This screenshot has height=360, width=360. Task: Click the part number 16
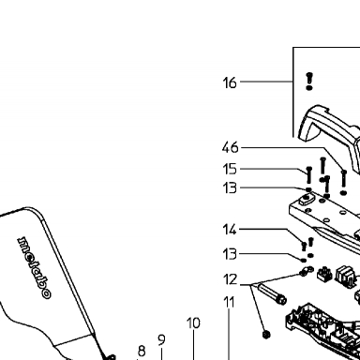click(230, 82)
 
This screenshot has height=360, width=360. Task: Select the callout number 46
click(230, 147)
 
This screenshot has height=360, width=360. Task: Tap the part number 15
click(230, 169)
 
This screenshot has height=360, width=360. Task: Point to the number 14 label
click(230, 230)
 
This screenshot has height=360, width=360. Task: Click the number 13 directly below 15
click(230, 188)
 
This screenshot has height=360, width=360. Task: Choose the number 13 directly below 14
click(230, 254)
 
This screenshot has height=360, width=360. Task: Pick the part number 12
click(231, 279)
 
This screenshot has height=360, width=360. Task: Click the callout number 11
click(229, 302)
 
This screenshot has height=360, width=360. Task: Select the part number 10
click(193, 323)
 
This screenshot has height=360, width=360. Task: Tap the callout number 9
click(161, 340)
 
